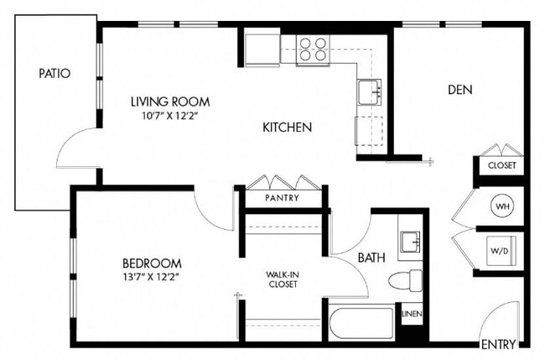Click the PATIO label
[54, 73]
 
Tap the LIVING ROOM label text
[169, 102]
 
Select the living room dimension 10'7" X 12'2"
[169, 117]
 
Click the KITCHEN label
[288, 128]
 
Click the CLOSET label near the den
[501, 166]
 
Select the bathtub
[361, 323]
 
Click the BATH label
[371, 258]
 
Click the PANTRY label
[283, 198]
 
